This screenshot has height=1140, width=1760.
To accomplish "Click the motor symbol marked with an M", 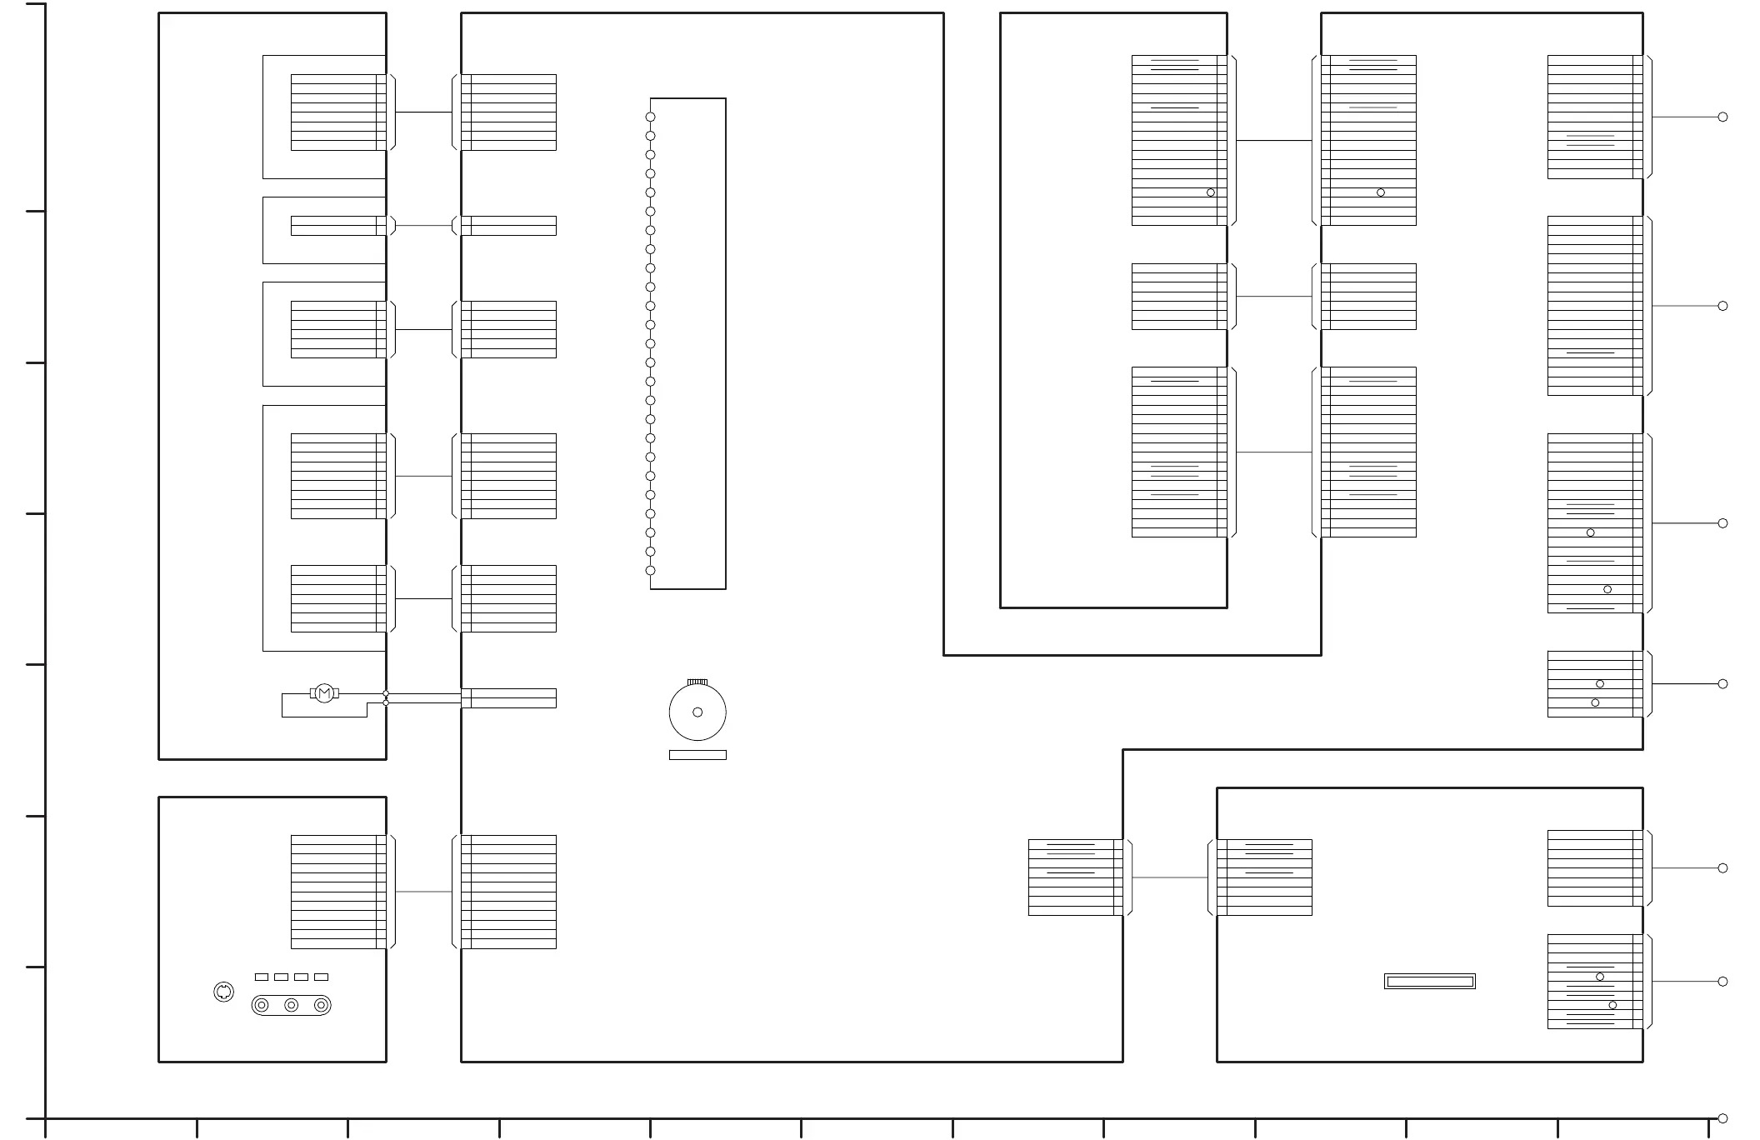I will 324,693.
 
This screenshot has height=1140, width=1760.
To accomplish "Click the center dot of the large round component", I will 697,712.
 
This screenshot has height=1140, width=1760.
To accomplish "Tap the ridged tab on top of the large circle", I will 697,682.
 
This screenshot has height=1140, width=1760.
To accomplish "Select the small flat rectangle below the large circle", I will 697,755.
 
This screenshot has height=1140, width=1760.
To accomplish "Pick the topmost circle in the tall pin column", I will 650,117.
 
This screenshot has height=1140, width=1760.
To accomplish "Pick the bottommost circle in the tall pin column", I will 650,571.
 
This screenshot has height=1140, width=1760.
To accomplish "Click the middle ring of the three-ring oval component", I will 292,1005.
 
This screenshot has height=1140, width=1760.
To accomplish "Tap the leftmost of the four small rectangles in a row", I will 262,977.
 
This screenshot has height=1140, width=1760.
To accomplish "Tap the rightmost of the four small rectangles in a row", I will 322,977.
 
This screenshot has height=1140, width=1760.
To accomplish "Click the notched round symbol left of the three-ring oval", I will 223,992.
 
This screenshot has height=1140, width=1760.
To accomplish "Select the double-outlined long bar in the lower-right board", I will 1430,982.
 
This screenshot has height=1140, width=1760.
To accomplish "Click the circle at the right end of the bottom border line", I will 1722,1118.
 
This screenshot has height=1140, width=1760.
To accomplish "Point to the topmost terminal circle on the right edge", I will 1722,117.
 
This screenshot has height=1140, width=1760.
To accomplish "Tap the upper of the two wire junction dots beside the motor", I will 386,693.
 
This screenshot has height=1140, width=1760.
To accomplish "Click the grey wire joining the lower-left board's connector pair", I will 423,892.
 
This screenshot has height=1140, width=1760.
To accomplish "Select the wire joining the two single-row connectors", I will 423,226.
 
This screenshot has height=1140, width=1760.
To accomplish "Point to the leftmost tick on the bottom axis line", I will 45,1128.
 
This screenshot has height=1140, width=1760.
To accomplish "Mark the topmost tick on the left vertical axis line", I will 35,4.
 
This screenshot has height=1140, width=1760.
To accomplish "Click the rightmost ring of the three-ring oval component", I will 321,1005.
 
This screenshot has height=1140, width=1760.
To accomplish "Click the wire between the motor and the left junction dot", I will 361,693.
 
